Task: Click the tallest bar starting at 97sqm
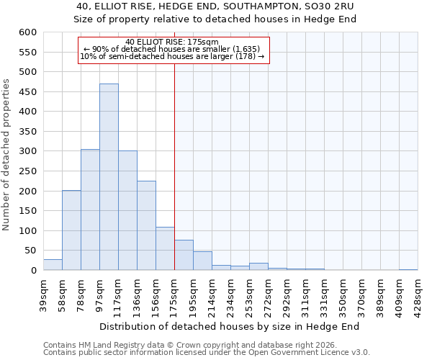[109, 177]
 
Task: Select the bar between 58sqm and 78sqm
[71, 230]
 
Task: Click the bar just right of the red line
[184, 256]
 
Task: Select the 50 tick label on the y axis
[30, 251]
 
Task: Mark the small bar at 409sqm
[408, 269]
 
